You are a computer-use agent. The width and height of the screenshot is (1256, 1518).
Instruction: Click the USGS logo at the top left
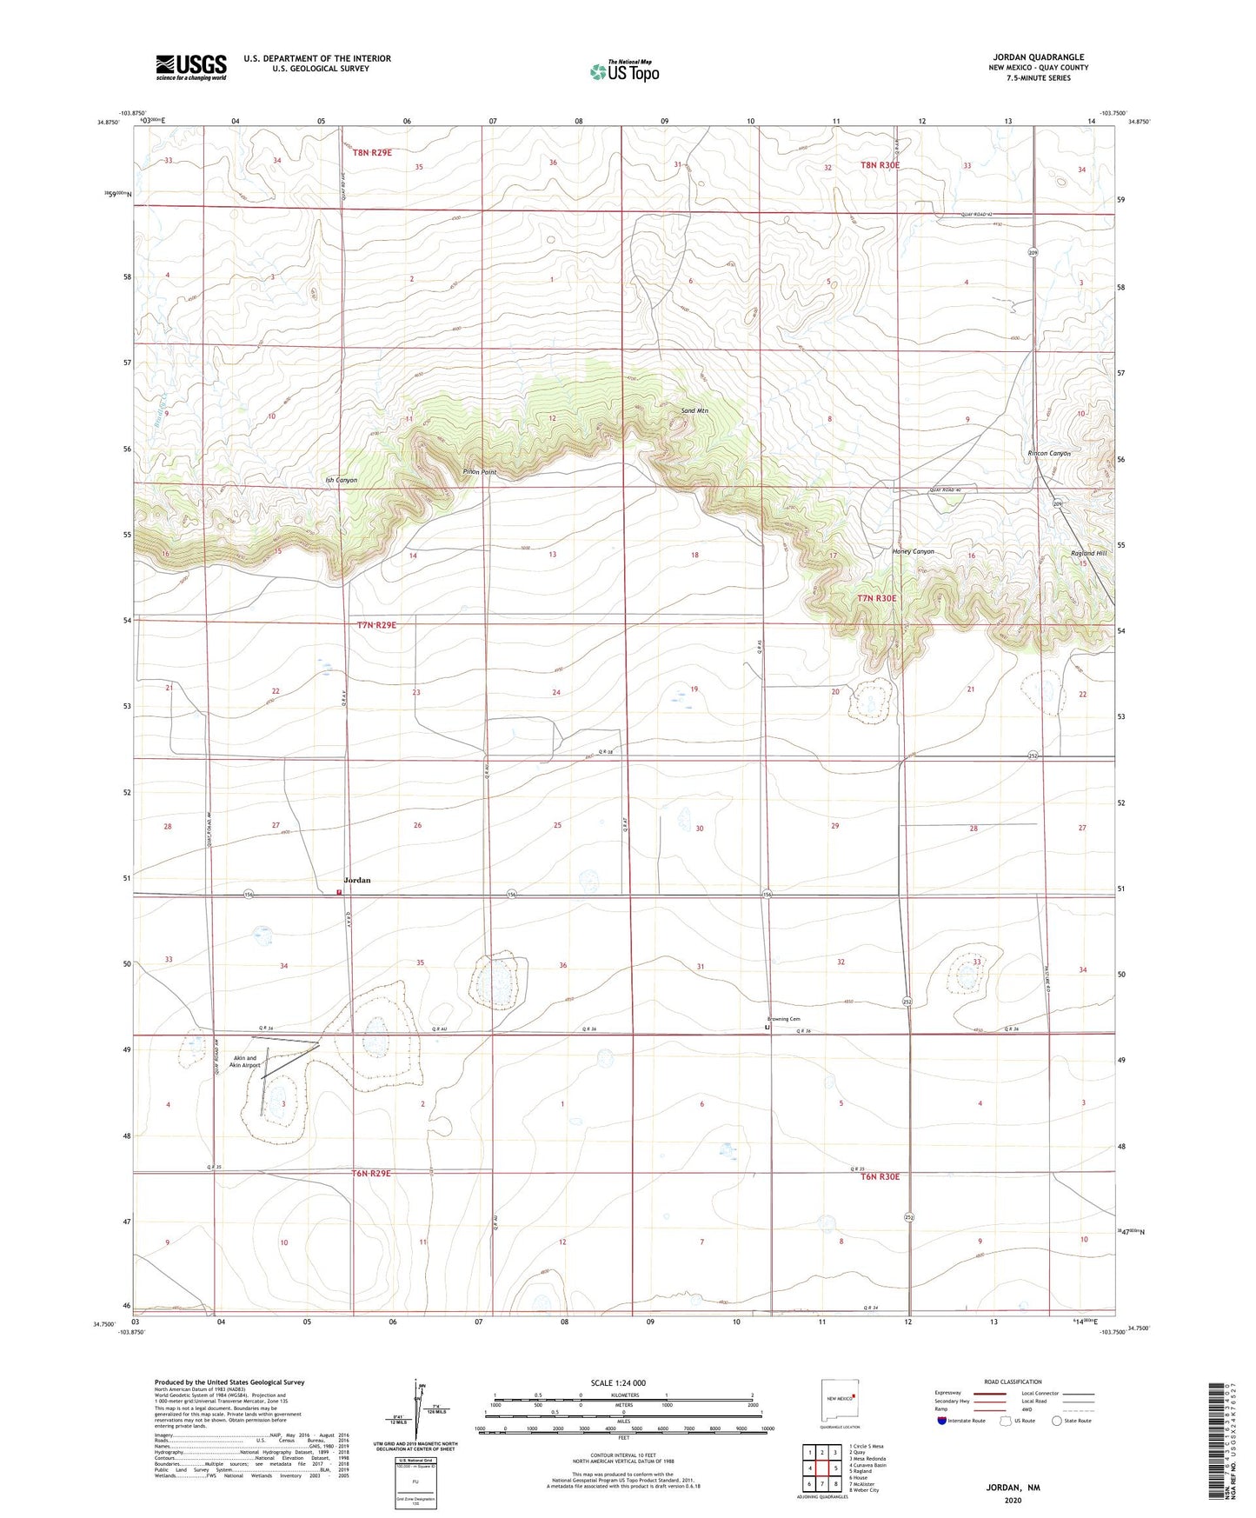[191, 67]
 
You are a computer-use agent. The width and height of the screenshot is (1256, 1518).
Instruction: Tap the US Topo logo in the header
[623, 71]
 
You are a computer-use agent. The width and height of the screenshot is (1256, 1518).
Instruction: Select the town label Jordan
[357, 880]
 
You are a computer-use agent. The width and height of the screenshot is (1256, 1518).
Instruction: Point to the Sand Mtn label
[695, 409]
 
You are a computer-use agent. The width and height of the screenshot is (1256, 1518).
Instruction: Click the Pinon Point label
[479, 472]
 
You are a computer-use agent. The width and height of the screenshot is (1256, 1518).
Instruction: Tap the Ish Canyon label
[341, 480]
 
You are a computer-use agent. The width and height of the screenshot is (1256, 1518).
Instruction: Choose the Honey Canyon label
[913, 551]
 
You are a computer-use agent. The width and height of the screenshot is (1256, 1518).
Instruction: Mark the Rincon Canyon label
[1049, 453]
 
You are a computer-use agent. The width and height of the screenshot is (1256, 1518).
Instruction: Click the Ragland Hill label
[1088, 553]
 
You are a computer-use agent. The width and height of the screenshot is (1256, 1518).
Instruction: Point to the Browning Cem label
[783, 1019]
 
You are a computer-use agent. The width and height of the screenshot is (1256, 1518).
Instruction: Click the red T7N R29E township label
[376, 624]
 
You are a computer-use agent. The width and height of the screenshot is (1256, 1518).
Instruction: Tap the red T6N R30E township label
[880, 1176]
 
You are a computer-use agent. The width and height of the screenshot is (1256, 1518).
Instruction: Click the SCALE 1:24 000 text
[618, 1382]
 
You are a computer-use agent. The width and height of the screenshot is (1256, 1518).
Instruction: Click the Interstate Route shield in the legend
[942, 1421]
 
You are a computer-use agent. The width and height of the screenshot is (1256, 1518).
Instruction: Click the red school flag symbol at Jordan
[339, 891]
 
